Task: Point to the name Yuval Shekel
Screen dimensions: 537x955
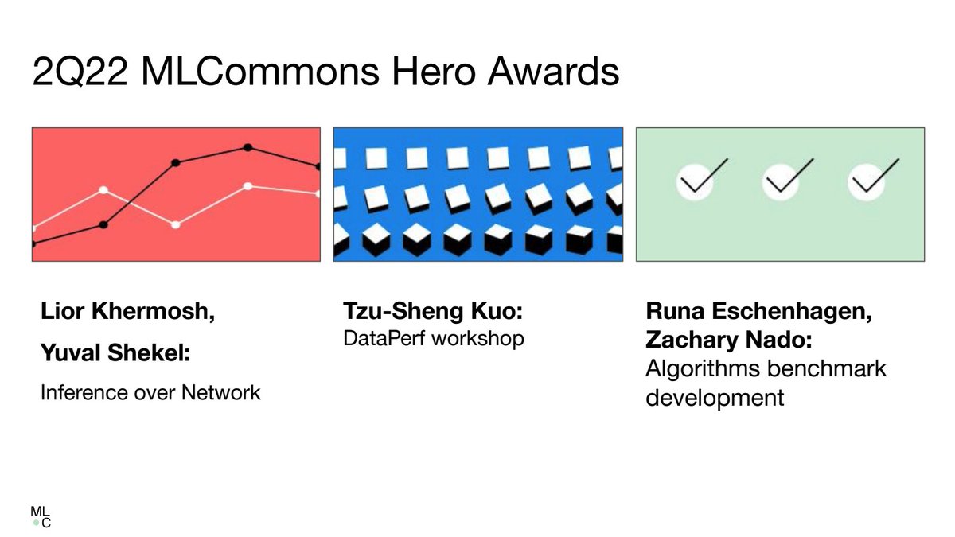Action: click(x=115, y=352)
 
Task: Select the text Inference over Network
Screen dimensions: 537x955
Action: click(x=150, y=391)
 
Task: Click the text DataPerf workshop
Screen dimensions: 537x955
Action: click(x=434, y=338)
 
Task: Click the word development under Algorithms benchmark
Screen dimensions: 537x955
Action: click(x=714, y=396)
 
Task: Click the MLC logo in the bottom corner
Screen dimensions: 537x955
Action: click(x=41, y=516)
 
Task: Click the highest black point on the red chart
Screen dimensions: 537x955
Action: click(x=248, y=147)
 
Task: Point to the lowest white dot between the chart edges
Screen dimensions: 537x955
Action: click(x=175, y=224)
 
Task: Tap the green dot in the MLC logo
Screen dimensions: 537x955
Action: click(x=36, y=523)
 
